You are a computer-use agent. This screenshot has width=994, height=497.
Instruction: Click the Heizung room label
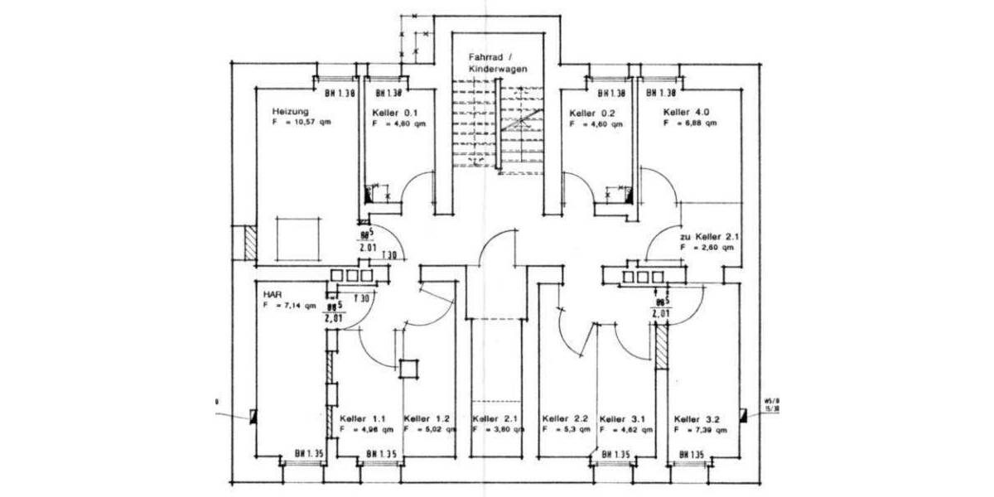(x=290, y=111)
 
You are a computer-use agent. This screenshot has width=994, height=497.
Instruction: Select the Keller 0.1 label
(x=398, y=113)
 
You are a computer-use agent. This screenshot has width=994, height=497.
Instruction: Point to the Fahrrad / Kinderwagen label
(x=497, y=65)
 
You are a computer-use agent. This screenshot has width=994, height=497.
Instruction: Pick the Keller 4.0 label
(x=686, y=112)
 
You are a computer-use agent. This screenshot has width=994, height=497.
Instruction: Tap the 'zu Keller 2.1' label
(x=709, y=236)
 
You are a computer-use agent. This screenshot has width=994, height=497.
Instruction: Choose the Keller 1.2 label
(x=427, y=418)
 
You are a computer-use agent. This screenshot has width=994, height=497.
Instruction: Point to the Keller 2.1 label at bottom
(x=495, y=418)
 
